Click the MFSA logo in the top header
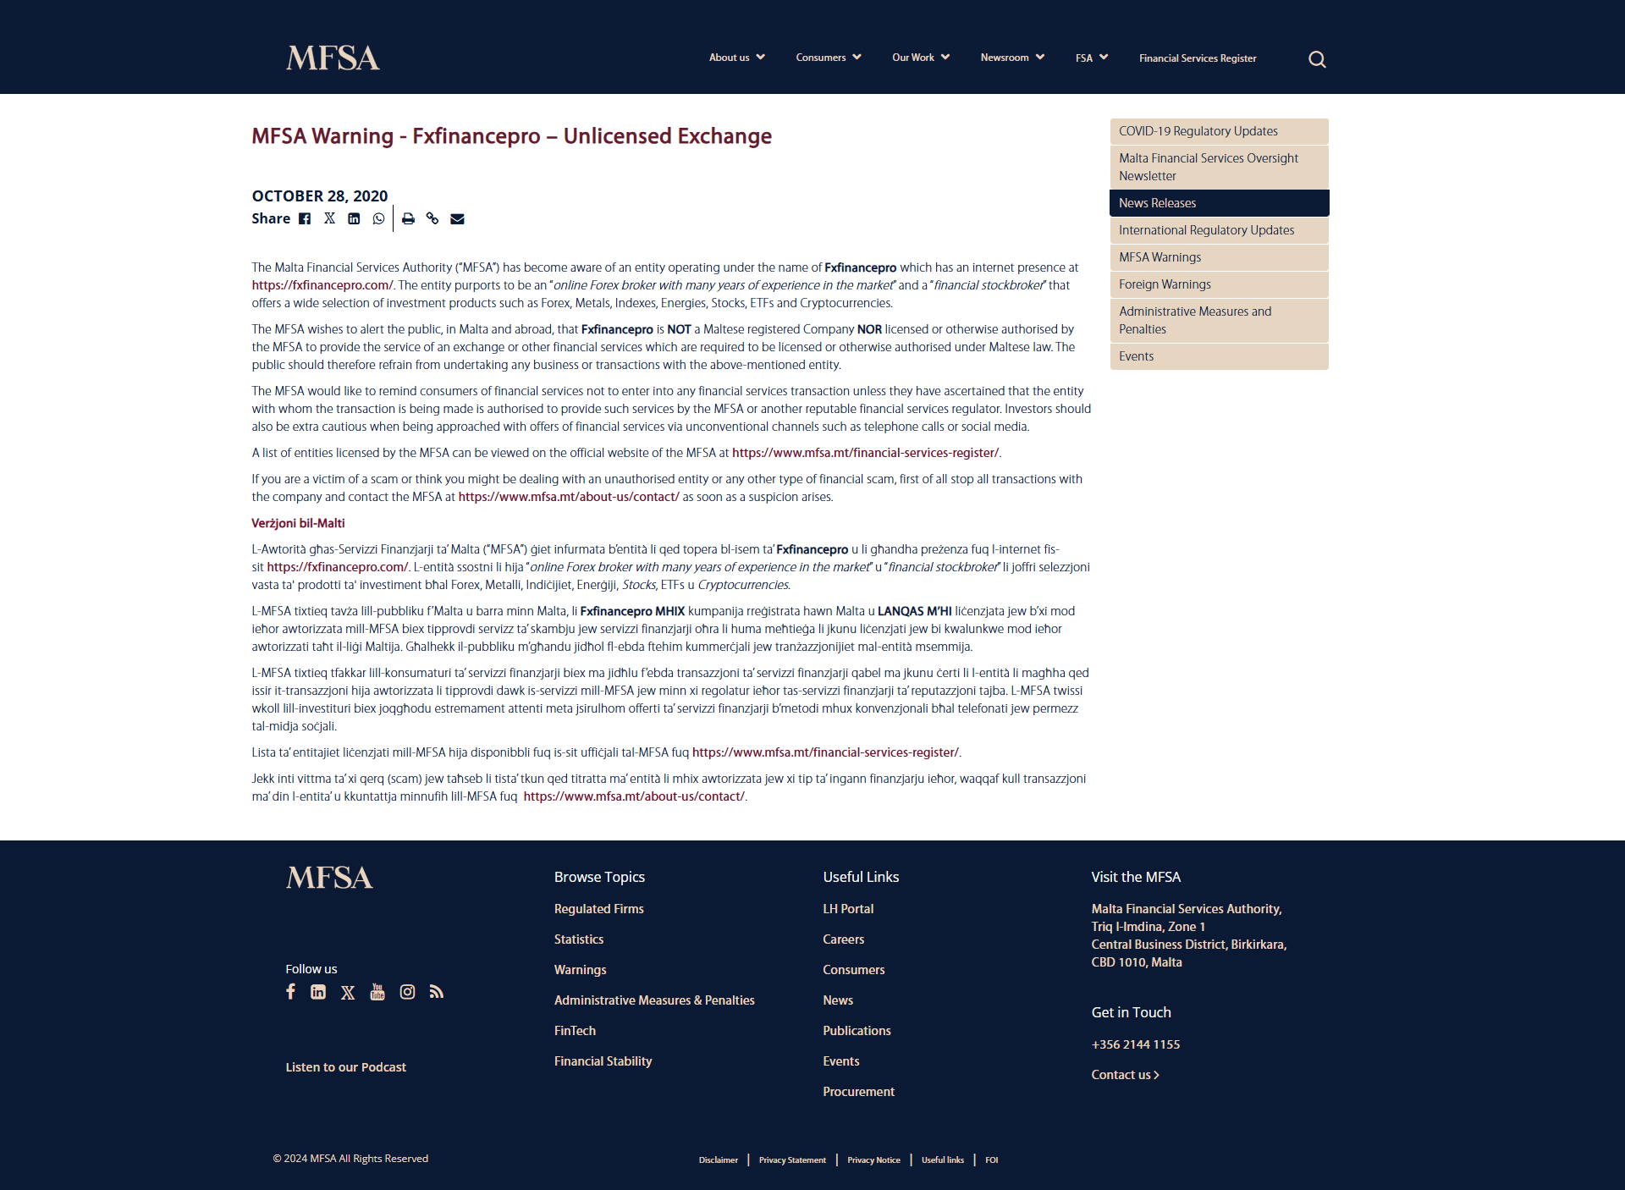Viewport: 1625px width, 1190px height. (x=333, y=58)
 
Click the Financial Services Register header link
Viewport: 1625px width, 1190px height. (x=1197, y=58)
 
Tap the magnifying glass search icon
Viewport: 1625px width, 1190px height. (x=1317, y=59)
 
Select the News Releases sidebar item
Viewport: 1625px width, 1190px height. (x=1219, y=203)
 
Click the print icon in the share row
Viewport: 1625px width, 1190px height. (x=408, y=218)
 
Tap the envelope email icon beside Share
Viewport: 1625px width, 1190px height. (x=457, y=218)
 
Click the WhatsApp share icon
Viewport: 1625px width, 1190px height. (x=378, y=218)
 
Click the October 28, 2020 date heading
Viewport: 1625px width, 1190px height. (x=319, y=196)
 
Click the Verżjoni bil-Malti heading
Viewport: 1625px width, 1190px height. (x=298, y=523)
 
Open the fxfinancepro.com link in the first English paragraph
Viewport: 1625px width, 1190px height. (x=322, y=285)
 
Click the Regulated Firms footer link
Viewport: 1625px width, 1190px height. (x=598, y=909)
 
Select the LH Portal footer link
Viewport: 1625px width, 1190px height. (x=848, y=909)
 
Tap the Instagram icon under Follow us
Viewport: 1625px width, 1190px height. (x=407, y=992)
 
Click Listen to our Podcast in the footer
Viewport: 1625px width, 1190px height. (x=345, y=1067)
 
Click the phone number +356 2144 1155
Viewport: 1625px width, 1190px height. (x=1135, y=1044)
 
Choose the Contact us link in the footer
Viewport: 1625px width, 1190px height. (x=1124, y=1075)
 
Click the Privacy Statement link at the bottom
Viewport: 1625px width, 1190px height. (x=792, y=1160)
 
